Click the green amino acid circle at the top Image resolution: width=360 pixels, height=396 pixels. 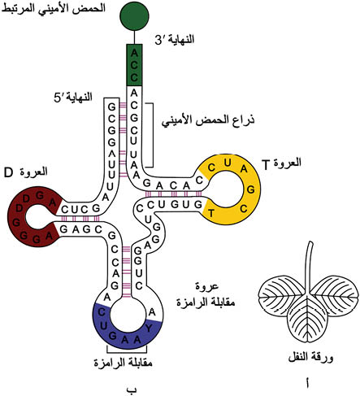[x=134, y=16]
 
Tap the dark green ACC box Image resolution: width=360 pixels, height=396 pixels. [x=134, y=65]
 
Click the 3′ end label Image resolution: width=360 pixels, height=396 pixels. [x=175, y=40]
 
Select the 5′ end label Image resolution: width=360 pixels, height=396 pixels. [x=73, y=97]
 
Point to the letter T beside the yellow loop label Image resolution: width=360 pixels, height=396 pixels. [x=267, y=164]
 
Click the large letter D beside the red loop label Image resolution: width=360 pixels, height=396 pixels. [x=8, y=172]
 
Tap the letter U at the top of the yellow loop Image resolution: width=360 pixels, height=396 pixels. [x=228, y=163]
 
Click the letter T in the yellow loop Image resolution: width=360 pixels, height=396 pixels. [x=211, y=214]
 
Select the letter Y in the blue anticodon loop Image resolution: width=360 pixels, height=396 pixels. [x=149, y=329]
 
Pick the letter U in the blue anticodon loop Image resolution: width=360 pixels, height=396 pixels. [x=103, y=325]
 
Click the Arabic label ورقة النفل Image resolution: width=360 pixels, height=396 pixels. [x=310, y=357]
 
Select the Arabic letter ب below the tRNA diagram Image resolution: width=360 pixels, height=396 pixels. [x=132, y=389]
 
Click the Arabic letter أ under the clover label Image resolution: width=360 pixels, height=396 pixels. [x=308, y=382]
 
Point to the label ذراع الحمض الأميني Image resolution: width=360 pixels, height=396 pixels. [x=208, y=120]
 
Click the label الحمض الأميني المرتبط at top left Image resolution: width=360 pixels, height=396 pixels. [x=53, y=8]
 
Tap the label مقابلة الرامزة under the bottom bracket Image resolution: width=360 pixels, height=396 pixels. [x=124, y=363]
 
